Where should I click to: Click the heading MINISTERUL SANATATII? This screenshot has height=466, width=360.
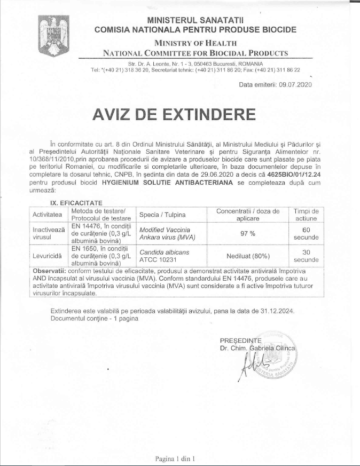[x=195, y=20]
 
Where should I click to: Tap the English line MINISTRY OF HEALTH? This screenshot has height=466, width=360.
[x=195, y=43]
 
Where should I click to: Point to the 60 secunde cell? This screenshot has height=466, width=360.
[x=306, y=234]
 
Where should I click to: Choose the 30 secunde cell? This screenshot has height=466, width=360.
[x=306, y=256]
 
